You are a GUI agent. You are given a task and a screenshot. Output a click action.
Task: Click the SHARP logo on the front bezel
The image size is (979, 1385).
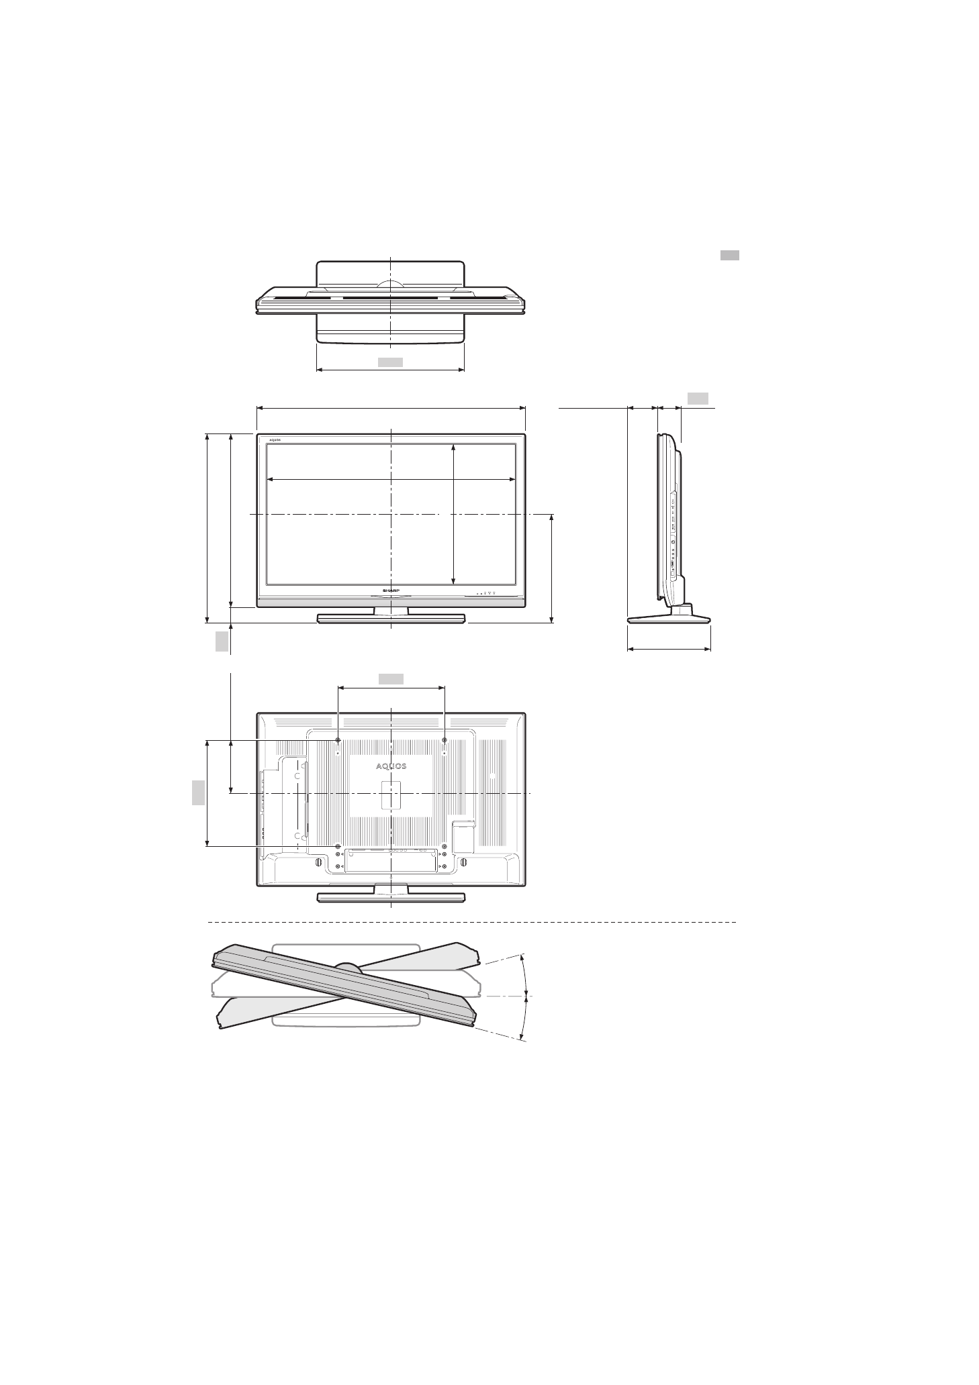[x=390, y=590]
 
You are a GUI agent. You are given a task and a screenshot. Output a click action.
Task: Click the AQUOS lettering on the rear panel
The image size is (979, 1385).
[x=390, y=766]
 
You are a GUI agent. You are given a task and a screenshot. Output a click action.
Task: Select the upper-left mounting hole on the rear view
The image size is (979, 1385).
[x=338, y=740]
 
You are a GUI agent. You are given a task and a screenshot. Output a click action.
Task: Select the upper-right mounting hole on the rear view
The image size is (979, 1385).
[x=445, y=740]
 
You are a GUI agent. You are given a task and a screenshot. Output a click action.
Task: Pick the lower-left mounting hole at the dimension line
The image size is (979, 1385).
[x=338, y=846]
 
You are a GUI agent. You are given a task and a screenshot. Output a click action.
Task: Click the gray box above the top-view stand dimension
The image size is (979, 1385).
[x=390, y=362]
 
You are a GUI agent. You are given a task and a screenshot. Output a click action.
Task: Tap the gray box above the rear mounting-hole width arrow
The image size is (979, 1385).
[x=391, y=678]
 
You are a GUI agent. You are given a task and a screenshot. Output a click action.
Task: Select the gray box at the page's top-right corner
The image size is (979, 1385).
[x=730, y=255]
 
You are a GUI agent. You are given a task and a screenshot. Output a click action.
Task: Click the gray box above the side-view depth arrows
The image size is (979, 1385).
[x=698, y=399]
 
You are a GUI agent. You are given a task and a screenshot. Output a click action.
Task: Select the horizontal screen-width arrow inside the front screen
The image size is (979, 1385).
[x=391, y=479]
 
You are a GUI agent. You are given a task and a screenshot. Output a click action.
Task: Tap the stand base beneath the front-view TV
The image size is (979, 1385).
[x=391, y=619]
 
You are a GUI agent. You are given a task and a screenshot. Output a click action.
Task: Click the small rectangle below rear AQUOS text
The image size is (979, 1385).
[x=391, y=794]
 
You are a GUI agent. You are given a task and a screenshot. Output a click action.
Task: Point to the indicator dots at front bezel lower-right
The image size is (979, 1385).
[x=485, y=593]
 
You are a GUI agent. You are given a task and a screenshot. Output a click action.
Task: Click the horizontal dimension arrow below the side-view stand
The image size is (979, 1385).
[x=669, y=649]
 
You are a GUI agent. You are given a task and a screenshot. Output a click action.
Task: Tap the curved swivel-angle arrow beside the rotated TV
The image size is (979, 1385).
[x=527, y=997]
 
